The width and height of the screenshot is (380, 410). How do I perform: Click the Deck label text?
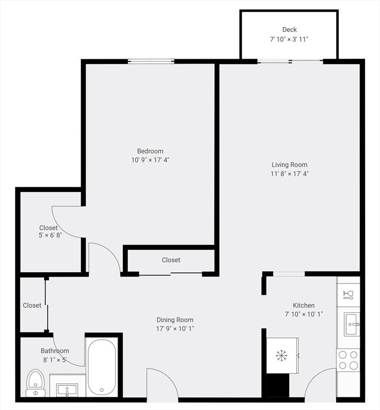click(289, 30)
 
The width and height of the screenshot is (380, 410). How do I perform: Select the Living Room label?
click(289, 164)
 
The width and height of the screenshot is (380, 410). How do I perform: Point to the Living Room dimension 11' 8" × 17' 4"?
click(289, 174)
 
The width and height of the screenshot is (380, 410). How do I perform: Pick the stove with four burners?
click(348, 360)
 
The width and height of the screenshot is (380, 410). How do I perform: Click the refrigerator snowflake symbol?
click(281, 355)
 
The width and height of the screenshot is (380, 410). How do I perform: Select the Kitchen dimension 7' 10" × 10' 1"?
click(303, 314)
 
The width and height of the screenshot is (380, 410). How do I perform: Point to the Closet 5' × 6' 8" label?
click(49, 232)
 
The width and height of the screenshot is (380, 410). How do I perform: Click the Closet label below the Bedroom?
click(171, 260)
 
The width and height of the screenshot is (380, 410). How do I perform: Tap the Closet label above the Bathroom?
click(32, 305)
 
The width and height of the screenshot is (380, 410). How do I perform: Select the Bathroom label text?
click(55, 351)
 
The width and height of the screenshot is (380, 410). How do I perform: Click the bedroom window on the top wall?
click(151, 61)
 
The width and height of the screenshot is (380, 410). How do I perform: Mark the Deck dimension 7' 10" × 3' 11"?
click(289, 39)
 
